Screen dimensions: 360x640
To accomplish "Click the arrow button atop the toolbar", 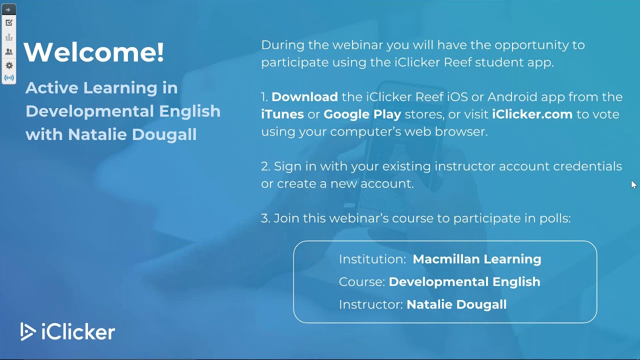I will click(x=8, y=9).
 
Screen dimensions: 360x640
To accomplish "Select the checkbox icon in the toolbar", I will click(x=8, y=22).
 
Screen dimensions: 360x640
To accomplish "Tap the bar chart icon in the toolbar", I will click(x=8, y=37).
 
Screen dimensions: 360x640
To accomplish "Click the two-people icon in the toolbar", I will click(x=8, y=51).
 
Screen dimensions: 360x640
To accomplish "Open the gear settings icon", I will click(x=8, y=65).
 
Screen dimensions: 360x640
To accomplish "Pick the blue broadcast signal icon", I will click(x=8, y=78).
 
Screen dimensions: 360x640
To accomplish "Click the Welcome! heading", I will click(x=94, y=52).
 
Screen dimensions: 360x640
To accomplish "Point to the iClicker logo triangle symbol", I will click(x=27, y=331).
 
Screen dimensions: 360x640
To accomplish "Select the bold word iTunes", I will click(x=282, y=114).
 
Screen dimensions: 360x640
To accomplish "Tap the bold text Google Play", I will click(x=362, y=114).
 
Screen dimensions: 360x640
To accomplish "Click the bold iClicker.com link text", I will click(x=532, y=114).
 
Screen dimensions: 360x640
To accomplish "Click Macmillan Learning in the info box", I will click(x=476, y=259).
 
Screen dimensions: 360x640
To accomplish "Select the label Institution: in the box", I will click(x=371, y=259).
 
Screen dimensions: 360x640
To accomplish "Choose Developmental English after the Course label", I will click(x=464, y=281).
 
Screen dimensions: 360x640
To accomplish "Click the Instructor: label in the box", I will click(x=370, y=304).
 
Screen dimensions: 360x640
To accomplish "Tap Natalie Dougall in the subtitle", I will click(x=132, y=134).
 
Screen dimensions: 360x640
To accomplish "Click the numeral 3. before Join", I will click(x=265, y=218).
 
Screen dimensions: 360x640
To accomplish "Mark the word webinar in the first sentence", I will click(x=355, y=44).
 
